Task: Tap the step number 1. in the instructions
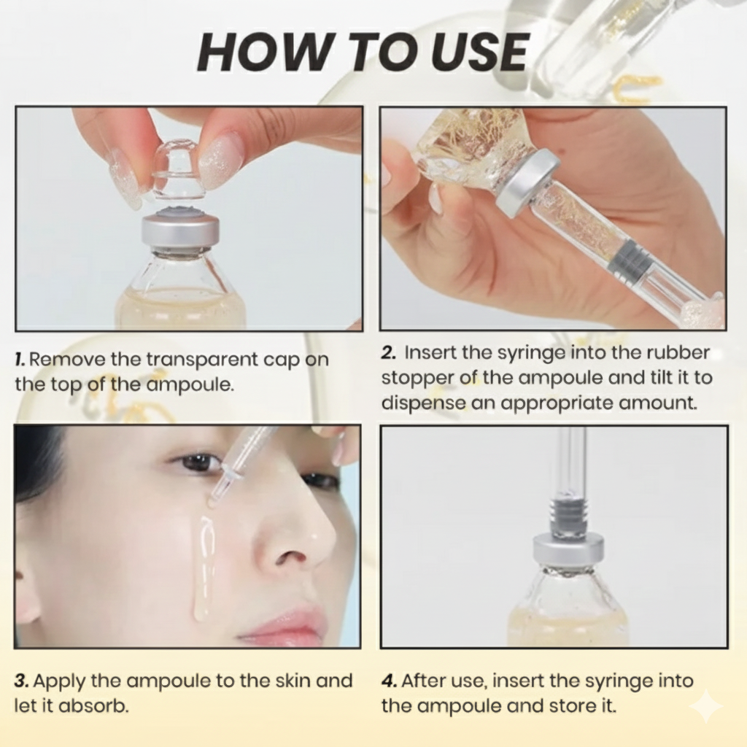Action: [21, 359]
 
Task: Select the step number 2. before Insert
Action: [389, 352]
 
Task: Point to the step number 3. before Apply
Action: [22, 681]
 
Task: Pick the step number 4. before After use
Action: [390, 681]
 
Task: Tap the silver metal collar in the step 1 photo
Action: [179, 230]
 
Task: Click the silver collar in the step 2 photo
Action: [527, 182]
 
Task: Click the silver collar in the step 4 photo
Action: [568, 549]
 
